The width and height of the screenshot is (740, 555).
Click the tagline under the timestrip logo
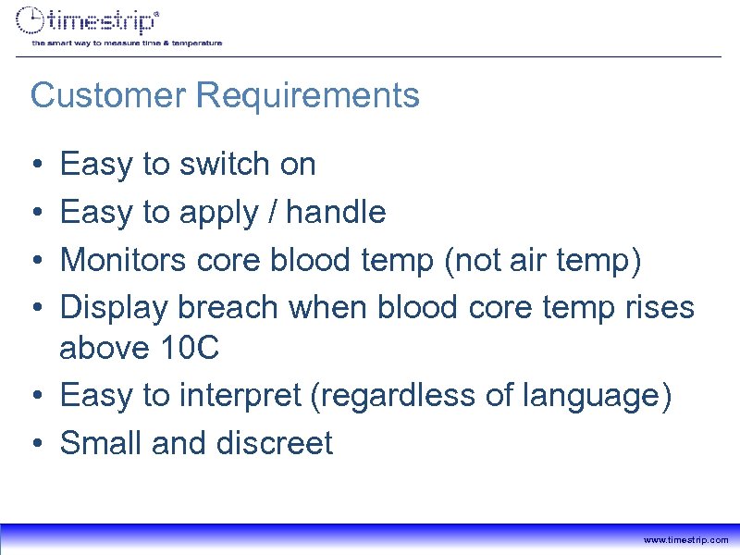[x=127, y=43]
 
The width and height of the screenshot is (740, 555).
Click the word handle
[x=337, y=213]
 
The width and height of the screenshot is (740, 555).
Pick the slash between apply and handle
[x=271, y=213]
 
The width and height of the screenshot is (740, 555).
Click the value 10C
[x=194, y=349]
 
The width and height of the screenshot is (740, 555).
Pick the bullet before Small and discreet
[x=36, y=444]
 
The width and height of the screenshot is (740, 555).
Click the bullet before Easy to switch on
[x=36, y=166]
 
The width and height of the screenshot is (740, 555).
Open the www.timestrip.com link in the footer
[x=685, y=539]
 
